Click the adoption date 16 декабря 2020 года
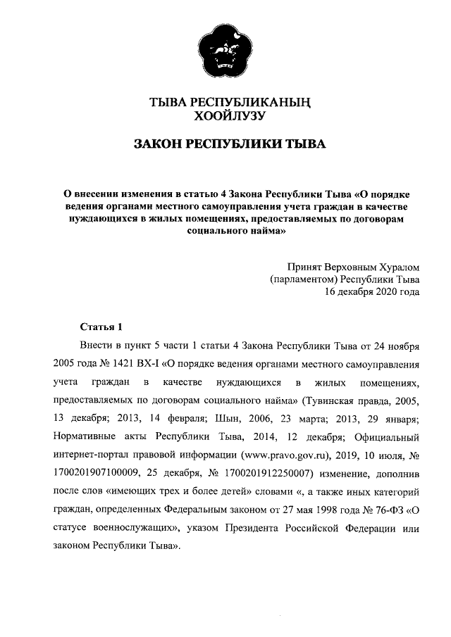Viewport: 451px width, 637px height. (x=371, y=292)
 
